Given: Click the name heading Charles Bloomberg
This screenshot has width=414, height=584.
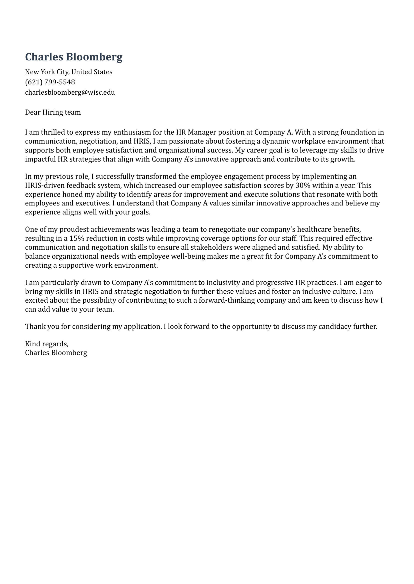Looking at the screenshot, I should [x=74, y=57].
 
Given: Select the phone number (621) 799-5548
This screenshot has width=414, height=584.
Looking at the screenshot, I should [x=50, y=82].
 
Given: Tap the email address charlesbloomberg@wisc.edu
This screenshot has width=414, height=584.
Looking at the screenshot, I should [x=70, y=92].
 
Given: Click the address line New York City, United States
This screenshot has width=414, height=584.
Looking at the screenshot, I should [x=68, y=72].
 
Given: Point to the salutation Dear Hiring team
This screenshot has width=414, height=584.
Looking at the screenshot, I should [x=53, y=112].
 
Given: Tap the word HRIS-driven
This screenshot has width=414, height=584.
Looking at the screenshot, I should [x=44, y=185].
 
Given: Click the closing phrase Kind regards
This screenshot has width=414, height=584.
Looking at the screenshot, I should [x=47, y=344].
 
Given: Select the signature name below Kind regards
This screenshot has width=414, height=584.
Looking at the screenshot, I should [x=56, y=353].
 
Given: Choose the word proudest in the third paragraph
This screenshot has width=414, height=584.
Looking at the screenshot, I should [x=74, y=229].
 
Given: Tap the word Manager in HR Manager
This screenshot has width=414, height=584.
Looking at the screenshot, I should [x=200, y=132].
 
